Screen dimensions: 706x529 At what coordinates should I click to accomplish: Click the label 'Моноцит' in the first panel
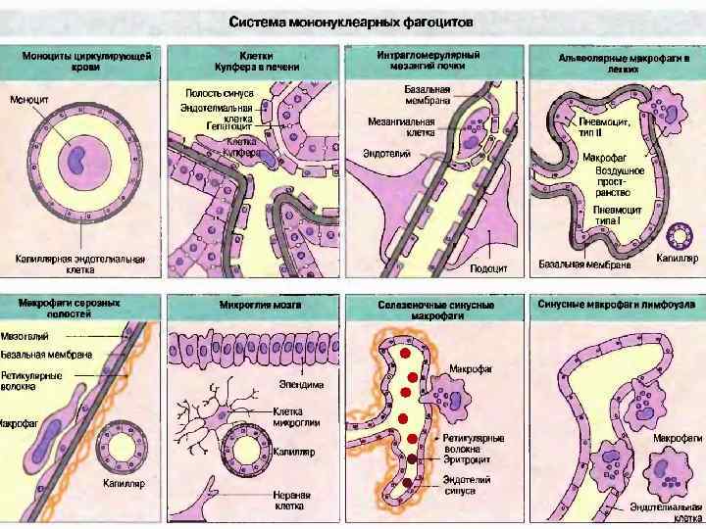tap(31, 100)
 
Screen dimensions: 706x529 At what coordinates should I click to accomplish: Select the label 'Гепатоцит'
tap(228, 125)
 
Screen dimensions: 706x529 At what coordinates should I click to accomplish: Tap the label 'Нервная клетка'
tap(291, 501)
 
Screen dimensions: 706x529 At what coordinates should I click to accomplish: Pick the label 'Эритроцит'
tap(465, 457)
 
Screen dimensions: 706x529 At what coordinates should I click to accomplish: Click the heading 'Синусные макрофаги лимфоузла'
tap(617, 306)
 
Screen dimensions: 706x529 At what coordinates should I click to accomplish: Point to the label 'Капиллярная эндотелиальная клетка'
tap(80, 264)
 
